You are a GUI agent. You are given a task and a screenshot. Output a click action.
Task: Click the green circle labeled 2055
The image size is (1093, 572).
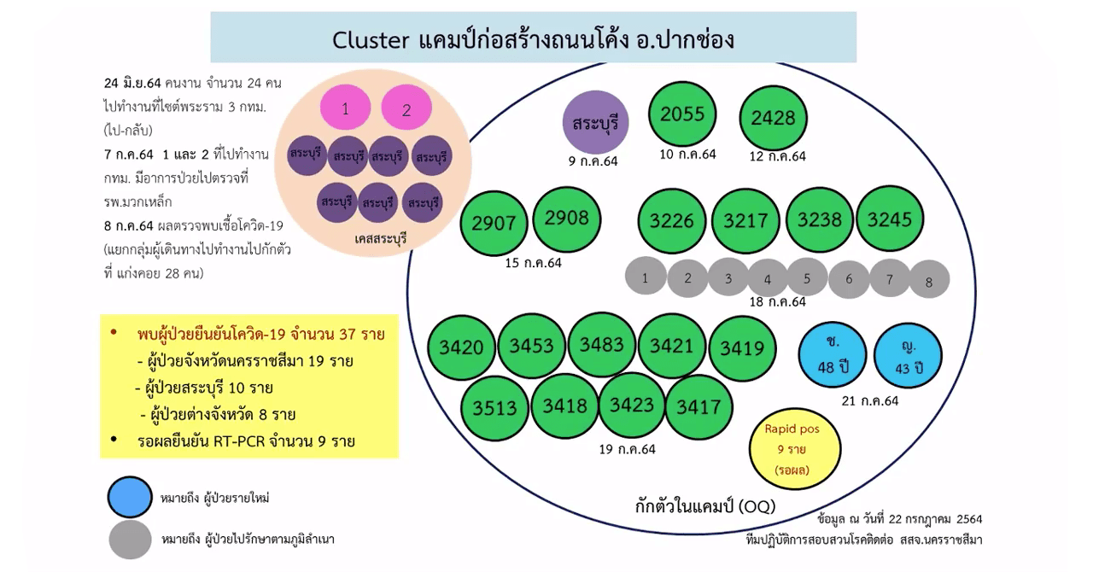point(682,114)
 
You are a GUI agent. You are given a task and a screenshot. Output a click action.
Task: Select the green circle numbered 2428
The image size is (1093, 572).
point(773,119)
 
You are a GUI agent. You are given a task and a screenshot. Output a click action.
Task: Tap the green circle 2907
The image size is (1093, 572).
point(494,223)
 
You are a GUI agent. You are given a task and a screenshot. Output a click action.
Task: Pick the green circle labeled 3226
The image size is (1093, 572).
point(672,221)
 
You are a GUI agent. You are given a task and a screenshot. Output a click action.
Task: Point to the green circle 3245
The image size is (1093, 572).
point(890,220)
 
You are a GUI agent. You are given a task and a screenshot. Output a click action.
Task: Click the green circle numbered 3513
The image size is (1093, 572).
point(495,408)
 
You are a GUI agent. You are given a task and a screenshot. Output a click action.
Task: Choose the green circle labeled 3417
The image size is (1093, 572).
point(698,407)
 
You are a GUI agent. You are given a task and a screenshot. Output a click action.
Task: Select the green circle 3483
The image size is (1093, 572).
point(602,345)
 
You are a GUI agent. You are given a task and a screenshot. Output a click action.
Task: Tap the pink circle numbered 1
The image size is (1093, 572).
point(345,109)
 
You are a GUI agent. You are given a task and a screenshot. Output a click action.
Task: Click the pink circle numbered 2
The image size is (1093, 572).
point(406,109)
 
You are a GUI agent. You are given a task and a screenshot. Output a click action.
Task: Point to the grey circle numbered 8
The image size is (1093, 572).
point(929,280)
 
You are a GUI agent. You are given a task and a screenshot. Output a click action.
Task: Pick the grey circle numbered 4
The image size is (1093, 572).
point(768,278)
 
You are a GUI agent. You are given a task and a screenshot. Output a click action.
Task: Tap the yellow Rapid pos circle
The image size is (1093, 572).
point(792,448)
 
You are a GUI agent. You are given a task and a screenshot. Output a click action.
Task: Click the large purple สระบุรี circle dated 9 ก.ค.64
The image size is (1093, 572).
point(595,123)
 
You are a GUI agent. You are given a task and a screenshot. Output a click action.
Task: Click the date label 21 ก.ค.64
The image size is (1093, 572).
point(869,400)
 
